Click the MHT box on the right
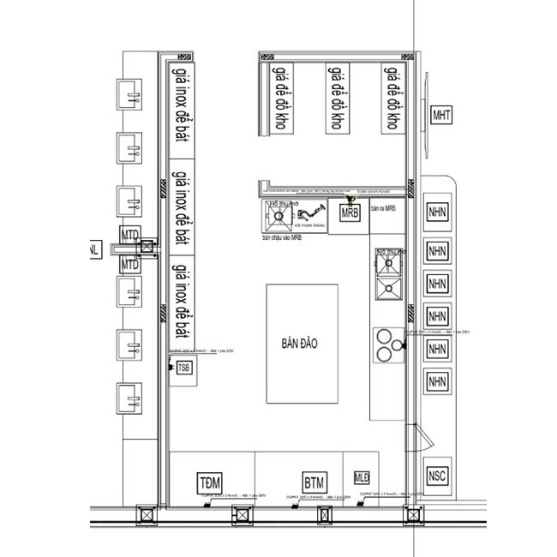441,116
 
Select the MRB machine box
350,212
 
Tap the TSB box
184,368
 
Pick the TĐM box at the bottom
209,481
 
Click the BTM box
314,482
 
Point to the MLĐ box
361,476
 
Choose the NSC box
438,475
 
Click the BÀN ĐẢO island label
299,343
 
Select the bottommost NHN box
438,380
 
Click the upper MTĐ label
129,235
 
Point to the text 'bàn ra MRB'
382,208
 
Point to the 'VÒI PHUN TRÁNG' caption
308,226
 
